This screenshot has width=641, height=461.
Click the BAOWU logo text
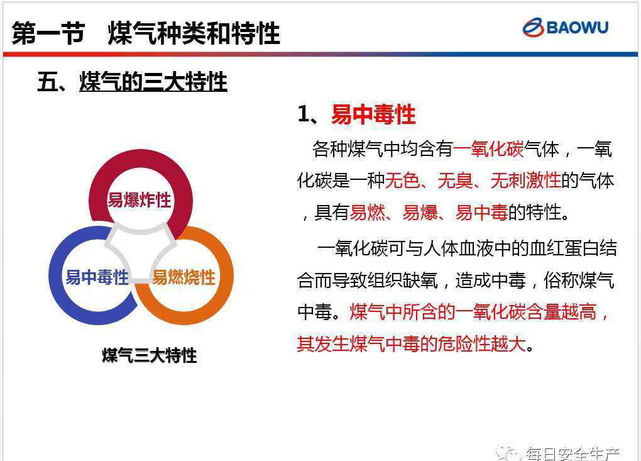(578, 28)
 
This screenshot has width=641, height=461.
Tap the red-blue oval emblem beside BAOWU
(533, 28)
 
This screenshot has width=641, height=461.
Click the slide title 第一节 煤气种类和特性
(146, 33)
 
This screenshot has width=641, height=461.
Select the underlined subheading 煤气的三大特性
(153, 81)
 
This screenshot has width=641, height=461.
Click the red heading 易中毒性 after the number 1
(373, 114)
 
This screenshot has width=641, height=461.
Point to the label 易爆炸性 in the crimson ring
(139, 200)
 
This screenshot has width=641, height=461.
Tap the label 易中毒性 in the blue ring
(97, 277)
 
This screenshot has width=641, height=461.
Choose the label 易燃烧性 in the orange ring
(184, 277)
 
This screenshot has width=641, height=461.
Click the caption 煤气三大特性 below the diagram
(149, 355)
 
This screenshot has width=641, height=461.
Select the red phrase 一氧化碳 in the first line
(488, 149)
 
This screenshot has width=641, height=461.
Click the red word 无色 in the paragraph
(402, 181)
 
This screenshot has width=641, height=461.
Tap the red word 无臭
(455, 181)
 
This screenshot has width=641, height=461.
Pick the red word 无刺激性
(526, 181)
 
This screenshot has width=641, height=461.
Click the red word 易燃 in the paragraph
(368, 213)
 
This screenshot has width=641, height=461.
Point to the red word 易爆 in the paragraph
(420, 213)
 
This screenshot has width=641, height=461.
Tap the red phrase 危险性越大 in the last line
(481, 343)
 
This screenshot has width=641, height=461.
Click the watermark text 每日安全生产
(573, 453)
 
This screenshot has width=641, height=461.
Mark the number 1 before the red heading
(303, 114)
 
